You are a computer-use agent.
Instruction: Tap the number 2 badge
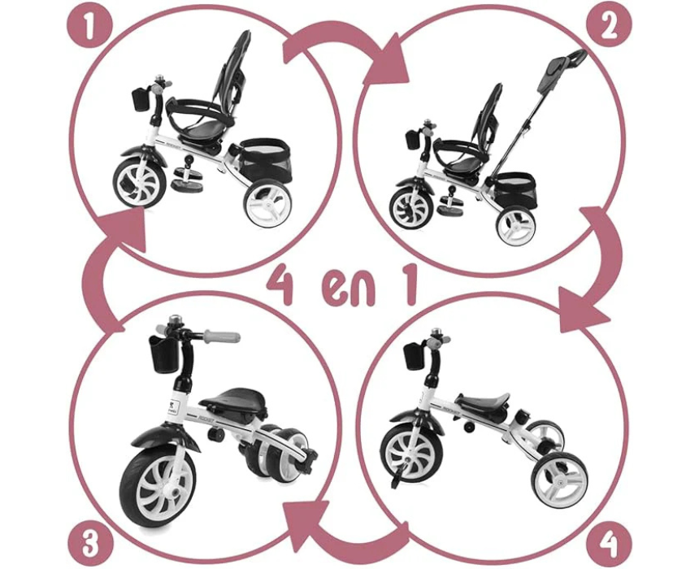pos(609,26)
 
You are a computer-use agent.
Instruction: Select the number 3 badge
pos(90,544)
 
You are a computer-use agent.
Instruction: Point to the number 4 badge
pos(609,544)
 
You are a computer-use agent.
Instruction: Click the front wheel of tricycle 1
pos(139,183)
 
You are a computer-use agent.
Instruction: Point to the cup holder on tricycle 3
pos(163,353)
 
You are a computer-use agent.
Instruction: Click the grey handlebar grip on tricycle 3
pos(222,337)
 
